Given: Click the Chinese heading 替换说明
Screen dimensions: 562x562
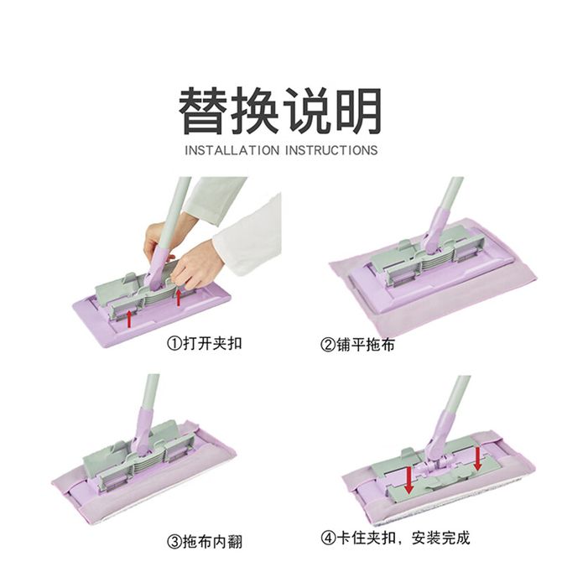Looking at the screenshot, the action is pyautogui.click(x=280, y=110).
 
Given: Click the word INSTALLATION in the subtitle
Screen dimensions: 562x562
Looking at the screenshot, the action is pyautogui.click(x=232, y=150).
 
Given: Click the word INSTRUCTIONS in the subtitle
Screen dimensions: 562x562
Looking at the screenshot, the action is pyautogui.click(x=331, y=150).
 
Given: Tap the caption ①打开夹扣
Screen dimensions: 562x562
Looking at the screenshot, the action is pyautogui.click(x=205, y=343).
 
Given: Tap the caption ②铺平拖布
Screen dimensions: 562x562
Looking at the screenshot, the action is pyautogui.click(x=357, y=345).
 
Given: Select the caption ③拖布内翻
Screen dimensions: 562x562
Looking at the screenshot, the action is pyautogui.click(x=205, y=541).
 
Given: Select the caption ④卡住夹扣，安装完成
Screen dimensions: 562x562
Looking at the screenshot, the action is pyautogui.click(x=395, y=538).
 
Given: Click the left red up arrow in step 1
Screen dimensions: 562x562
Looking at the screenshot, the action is pyautogui.click(x=130, y=319).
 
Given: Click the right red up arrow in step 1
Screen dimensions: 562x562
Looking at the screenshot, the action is pyautogui.click(x=178, y=297).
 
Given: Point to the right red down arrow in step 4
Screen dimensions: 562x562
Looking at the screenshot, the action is pyautogui.click(x=477, y=458).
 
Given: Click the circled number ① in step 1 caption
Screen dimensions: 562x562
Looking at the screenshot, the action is pyautogui.click(x=174, y=344).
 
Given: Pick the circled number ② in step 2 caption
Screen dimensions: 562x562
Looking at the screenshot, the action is pyautogui.click(x=328, y=345).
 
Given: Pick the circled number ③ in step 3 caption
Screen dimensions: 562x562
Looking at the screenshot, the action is pyautogui.click(x=174, y=542).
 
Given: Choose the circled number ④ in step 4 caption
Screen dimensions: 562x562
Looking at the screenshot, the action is pyautogui.click(x=328, y=538).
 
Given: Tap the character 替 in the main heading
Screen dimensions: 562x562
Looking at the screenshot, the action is pyautogui.click(x=202, y=111).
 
